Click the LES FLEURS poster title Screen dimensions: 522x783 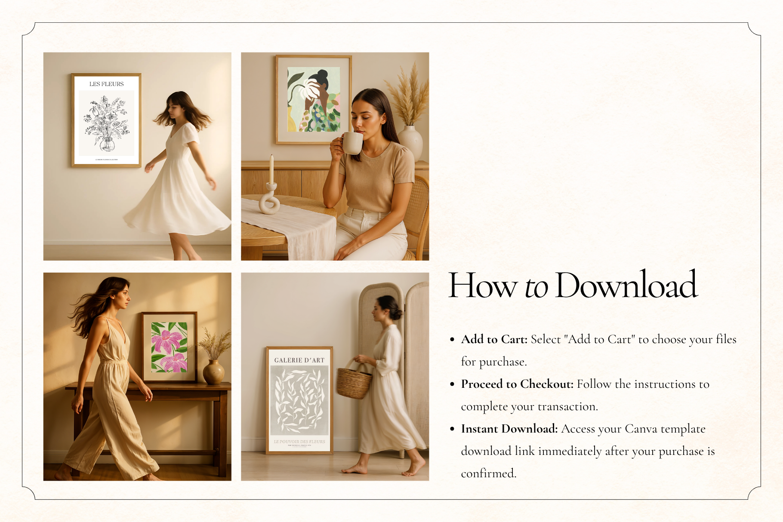pos(106,84)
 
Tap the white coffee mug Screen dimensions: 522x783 pos(352,143)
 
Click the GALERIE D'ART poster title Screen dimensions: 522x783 pos(299,360)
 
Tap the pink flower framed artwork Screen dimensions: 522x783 pos(169,347)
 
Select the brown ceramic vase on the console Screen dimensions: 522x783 pos(213,372)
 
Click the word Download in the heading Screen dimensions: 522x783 pos(626,286)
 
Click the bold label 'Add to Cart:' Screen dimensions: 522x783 pos(494,340)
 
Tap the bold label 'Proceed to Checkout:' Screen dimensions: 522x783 pos(517,384)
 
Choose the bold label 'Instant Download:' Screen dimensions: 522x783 pos(509,429)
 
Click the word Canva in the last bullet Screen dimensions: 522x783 pos(641,429)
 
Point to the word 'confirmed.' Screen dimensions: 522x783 pos(488,474)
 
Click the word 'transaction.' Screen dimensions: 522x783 pos(567,407)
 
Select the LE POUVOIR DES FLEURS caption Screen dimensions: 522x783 pos(299,442)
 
